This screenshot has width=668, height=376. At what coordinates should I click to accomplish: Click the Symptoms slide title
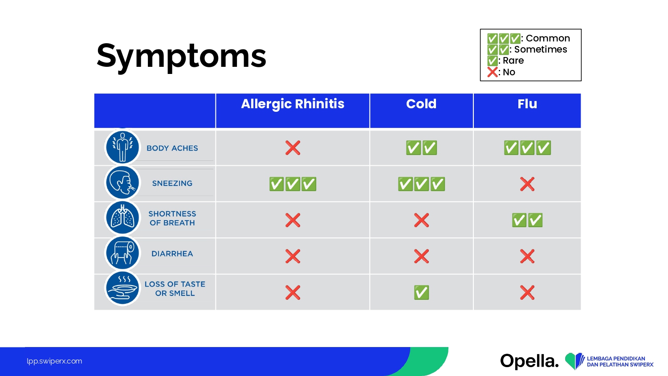pos(181,57)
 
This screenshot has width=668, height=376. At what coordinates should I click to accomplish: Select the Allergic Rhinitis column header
pos(293,104)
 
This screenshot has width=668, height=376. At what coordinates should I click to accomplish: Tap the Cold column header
pos(421,104)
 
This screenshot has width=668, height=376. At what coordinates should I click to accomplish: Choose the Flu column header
pos(527,104)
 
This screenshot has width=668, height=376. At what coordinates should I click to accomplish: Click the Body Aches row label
pos(172,148)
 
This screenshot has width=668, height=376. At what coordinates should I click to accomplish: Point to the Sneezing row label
pos(172,183)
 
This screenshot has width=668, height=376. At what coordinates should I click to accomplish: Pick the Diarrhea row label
pos(172,253)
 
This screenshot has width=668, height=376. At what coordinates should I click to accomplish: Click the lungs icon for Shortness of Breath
pos(122,217)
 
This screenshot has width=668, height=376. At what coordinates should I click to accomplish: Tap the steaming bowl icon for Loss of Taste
pos(122,288)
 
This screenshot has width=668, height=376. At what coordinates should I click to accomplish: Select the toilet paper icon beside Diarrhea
pos(122,253)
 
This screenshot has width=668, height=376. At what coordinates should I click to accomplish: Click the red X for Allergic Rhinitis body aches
pos(293,148)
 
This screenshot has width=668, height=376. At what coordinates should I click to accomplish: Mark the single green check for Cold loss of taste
pos(421,292)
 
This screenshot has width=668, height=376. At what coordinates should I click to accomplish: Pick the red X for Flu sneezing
pos(527,184)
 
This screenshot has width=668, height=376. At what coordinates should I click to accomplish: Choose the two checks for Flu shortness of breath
pos(527,220)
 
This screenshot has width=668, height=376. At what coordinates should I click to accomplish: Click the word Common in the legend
pos(548,38)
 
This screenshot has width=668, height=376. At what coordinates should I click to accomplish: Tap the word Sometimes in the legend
pos(540,49)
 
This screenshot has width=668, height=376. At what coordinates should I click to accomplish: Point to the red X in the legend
pos(493,72)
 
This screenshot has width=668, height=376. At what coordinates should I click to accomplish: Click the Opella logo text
pos(530,361)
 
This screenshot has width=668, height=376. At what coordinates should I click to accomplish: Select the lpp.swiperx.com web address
pos(54,361)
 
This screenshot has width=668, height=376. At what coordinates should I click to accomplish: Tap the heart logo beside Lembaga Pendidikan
pos(574,361)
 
